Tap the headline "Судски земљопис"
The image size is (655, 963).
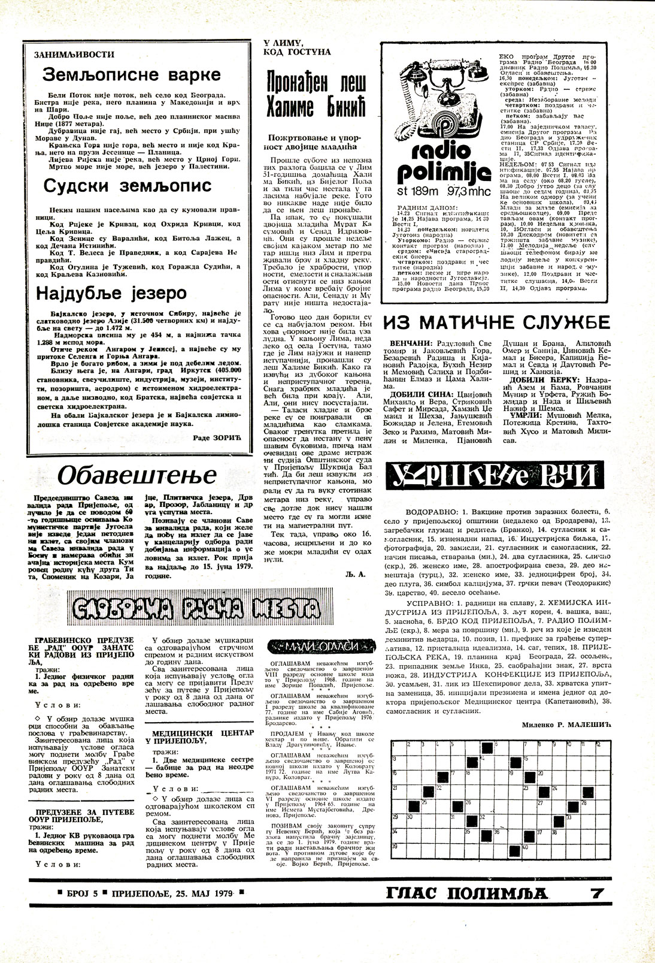pos(128,186)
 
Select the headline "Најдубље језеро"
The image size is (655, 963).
pos(112,293)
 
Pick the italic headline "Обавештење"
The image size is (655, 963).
pos(137,476)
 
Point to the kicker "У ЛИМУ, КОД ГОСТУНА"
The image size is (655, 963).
pos(298,47)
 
